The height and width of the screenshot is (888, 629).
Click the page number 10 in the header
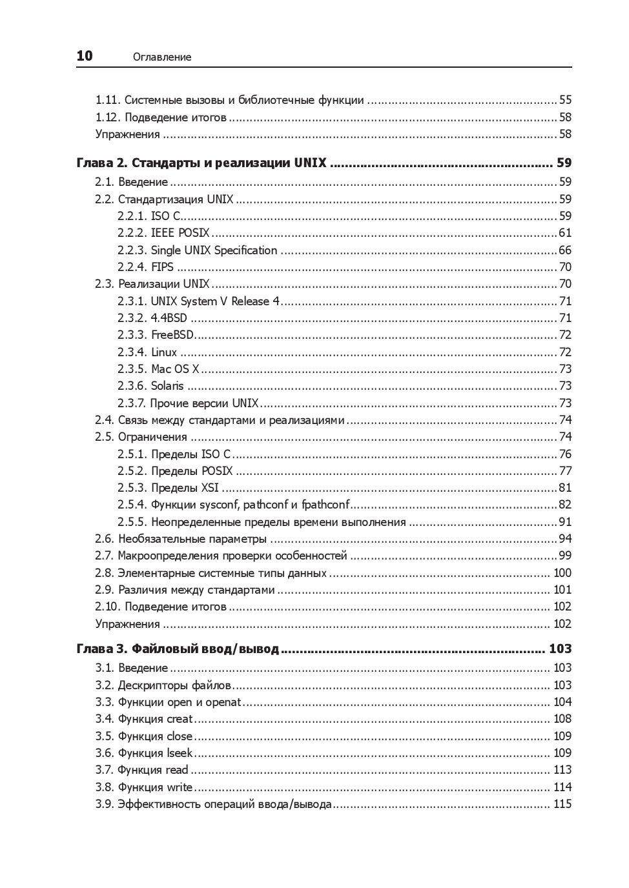(85, 56)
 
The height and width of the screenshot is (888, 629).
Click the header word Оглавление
(162, 57)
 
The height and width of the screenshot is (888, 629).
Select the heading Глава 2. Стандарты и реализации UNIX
(201, 163)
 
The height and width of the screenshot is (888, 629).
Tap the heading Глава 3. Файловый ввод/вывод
(178, 649)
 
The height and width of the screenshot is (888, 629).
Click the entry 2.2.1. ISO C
(149, 216)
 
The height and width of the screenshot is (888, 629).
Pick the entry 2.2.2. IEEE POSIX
(163, 233)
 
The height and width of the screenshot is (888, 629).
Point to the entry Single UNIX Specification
(214, 250)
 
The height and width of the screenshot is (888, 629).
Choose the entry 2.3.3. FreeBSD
(156, 335)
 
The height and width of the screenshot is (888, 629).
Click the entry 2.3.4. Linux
(147, 352)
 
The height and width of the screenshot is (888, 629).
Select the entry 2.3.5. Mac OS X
(158, 369)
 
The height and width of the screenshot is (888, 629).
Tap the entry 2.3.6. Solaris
(150, 386)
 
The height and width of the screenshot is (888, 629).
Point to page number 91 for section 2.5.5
(565, 522)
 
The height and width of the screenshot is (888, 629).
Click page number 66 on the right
(565, 250)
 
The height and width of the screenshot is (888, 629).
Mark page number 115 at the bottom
(562, 804)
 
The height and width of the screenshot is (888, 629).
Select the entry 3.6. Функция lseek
(144, 753)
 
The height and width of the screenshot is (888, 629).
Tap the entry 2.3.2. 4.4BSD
(152, 318)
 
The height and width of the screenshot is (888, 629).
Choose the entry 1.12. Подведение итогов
(161, 117)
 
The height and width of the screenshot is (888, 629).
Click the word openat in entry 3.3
(223, 702)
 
